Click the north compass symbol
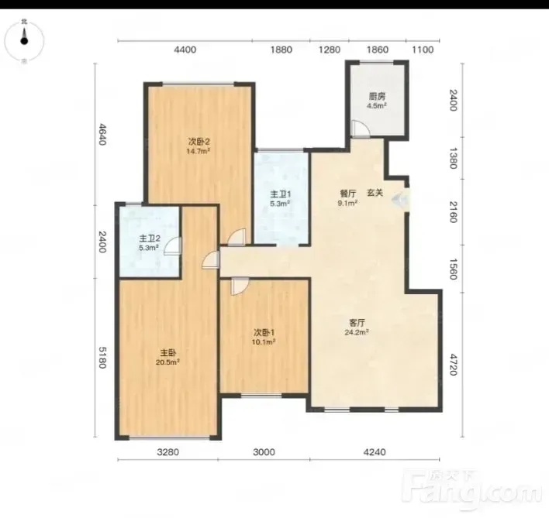[x=24, y=41]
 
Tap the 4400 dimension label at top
[x=185, y=50]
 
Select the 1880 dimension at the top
[x=281, y=50]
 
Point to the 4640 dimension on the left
[x=102, y=134]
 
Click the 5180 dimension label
[x=102, y=357]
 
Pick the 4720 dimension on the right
[x=454, y=365]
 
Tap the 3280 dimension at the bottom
[x=168, y=452]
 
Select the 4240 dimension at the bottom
[x=375, y=452]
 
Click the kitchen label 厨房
[x=377, y=97]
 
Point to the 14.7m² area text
[x=199, y=151]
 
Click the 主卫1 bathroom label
[x=281, y=194]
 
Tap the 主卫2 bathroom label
[x=150, y=238]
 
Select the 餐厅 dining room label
[x=348, y=194]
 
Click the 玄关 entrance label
[x=375, y=193]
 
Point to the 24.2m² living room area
[x=357, y=332]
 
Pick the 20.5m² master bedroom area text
[x=167, y=362]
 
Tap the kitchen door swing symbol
[x=361, y=129]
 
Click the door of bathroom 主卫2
[x=173, y=246]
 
